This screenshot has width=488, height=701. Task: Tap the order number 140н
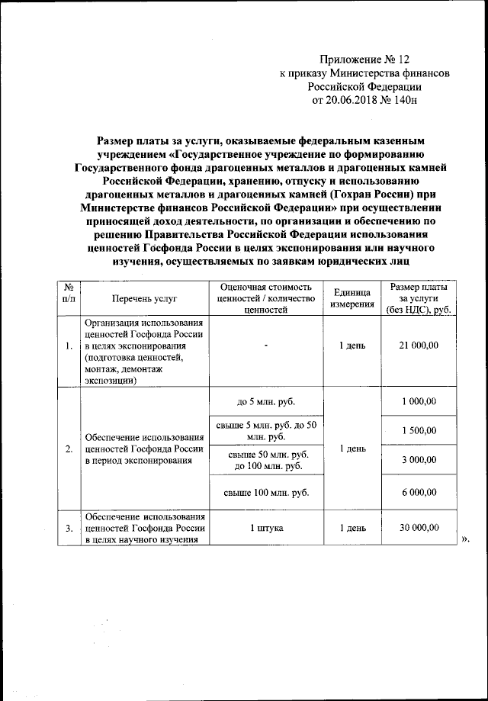pos(403,100)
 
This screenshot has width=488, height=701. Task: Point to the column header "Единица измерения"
pos(352,298)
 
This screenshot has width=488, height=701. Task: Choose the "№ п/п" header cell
pos(68,298)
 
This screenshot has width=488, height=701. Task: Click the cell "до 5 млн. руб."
pos(266,402)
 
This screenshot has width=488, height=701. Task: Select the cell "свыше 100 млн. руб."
pos(266,494)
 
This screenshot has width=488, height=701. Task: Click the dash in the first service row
pos(266,346)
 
